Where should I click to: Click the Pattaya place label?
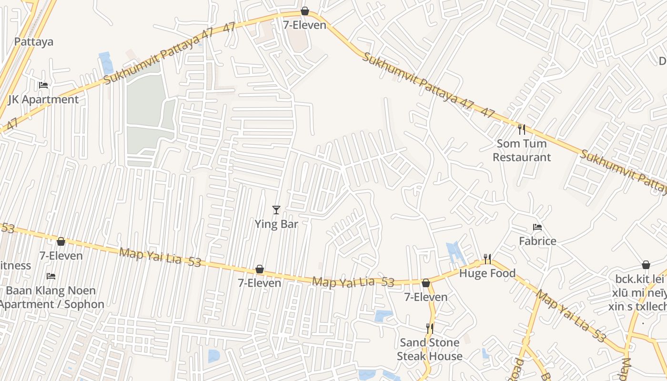tap(34, 41)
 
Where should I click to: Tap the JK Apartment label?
tap(43, 100)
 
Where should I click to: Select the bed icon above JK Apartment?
tap(43, 85)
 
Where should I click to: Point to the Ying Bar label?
tap(276, 224)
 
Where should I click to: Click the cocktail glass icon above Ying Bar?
tap(276, 210)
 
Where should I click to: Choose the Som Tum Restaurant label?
tap(522, 150)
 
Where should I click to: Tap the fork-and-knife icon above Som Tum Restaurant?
tap(522, 129)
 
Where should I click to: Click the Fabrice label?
tap(537, 241)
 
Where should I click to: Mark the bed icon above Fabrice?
tap(537, 227)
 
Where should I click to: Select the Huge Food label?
tap(487, 273)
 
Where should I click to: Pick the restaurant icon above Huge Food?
tap(487, 259)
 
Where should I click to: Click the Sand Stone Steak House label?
tap(430, 349)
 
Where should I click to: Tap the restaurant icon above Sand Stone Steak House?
tap(430, 328)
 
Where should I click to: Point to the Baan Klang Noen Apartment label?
tap(51, 297)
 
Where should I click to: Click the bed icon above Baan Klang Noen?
tap(51, 276)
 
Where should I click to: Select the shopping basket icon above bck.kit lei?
tap(646, 265)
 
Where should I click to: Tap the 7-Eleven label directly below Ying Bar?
tap(260, 283)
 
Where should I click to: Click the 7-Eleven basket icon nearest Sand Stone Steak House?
tap(426, 283)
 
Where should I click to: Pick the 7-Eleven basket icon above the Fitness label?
tap(61, 241)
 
